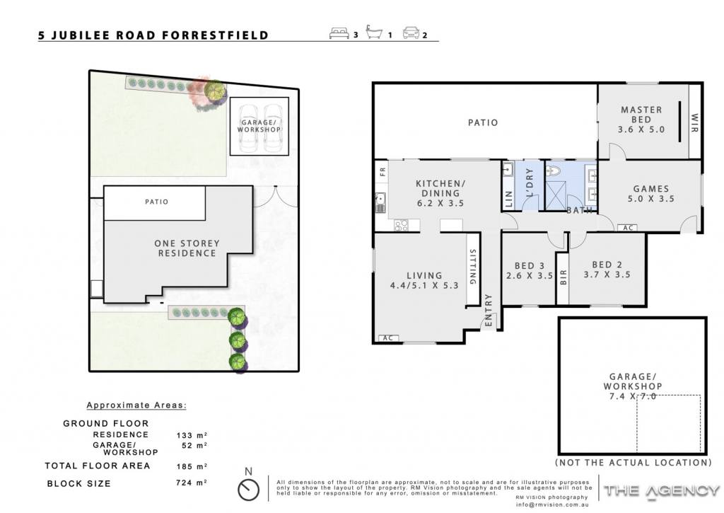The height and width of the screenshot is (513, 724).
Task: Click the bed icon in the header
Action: click(x=339, y=33)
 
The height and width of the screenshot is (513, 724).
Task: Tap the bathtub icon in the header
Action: click(x=374, y=32)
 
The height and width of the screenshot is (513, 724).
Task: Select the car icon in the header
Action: click(x=411, y=33)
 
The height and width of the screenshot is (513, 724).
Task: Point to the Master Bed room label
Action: click(x=641, y=120)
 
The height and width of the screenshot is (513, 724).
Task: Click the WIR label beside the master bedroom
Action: click(x=694, y=123)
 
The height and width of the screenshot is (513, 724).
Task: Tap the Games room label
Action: click(x=651, y=194)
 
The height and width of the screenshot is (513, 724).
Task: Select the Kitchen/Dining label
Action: click(x=440, y=193)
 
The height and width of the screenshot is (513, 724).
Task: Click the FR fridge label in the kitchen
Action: click(x=383, y=172)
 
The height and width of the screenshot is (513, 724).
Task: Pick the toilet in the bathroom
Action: click(x=553, y=171)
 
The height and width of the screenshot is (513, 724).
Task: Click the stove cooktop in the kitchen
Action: click(x=401, y=226)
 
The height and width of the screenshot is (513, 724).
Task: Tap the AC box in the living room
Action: click(x=388, y=338)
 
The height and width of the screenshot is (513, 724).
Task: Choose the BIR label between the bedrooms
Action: click(x=563, y=277)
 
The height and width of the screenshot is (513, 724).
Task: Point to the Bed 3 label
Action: click(x=529, y=271)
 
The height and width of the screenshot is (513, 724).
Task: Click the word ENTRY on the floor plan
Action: click(x=489, y=311)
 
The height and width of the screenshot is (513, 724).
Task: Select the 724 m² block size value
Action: click(x=191, y=483)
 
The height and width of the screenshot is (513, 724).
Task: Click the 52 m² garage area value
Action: click(x=194, y=446)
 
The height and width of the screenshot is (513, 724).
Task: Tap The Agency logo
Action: click(x=662, y=491)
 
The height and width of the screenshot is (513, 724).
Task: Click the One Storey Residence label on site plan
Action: click(x=187, y=248)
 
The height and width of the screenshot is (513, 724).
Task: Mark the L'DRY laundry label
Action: click(x=530, y=182)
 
